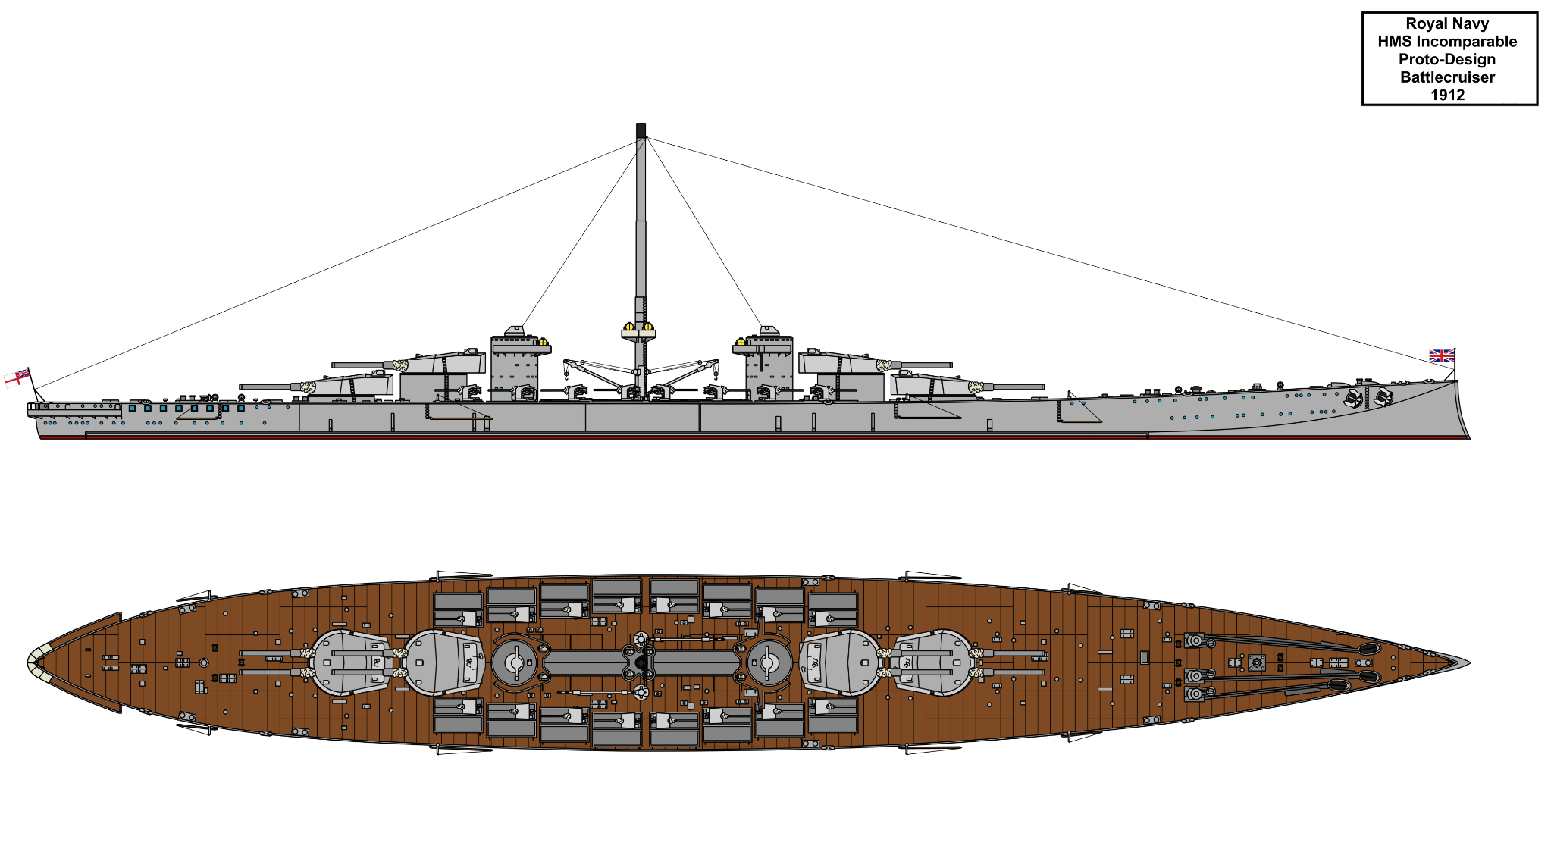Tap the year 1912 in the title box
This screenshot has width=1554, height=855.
[1447, 95]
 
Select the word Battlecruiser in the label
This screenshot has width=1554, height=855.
[1447, 77]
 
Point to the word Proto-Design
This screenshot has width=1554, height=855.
[1447, 59]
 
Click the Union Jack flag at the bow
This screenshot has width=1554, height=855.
[1441, 355]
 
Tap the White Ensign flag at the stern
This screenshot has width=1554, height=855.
[17, 377]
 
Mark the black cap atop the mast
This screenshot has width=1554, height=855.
[641, 130]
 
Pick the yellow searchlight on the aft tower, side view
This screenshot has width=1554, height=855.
[543, 342]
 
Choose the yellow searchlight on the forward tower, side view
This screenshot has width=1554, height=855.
[741, 342]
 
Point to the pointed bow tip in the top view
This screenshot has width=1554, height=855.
[1468, 663]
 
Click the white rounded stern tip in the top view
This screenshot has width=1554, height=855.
[33, 662]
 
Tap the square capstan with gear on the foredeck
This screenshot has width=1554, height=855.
[1257, 663]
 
